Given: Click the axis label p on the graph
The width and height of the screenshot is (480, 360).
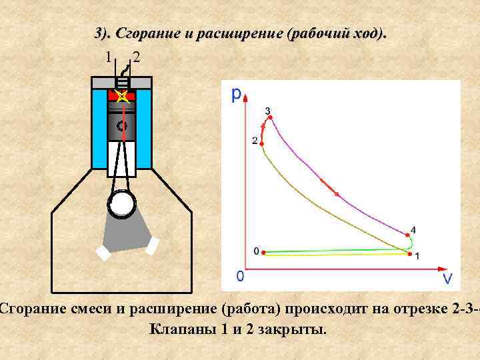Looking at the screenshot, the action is [237, 95].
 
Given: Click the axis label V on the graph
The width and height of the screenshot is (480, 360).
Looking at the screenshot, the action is [448, 277].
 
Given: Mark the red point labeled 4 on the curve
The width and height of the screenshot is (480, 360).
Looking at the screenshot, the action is [407, 235].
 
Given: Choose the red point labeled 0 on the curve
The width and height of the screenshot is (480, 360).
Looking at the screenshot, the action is [264, 252].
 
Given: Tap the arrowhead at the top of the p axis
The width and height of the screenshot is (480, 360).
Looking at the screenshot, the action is [247, 97].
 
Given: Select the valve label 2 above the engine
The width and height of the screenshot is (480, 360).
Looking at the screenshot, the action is [137, 57].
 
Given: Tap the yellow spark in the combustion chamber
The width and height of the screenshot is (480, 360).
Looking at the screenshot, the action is [121, 97].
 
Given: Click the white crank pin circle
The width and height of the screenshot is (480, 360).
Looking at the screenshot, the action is [122, 205].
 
